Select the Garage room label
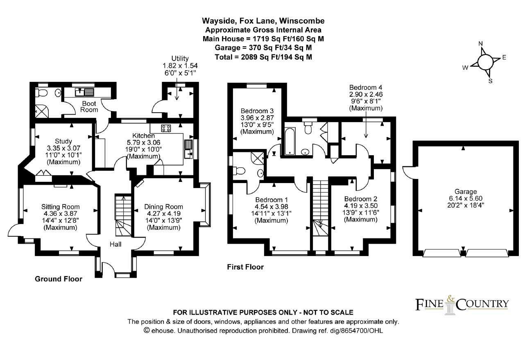466,191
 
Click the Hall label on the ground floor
115,244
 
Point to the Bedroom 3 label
257,111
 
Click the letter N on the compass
481,44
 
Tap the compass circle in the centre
485,62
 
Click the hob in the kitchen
166,128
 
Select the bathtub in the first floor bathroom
290,141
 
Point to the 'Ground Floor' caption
59,279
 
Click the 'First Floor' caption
245,267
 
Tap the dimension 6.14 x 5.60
466,199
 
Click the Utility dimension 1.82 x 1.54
179,66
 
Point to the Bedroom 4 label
365,87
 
